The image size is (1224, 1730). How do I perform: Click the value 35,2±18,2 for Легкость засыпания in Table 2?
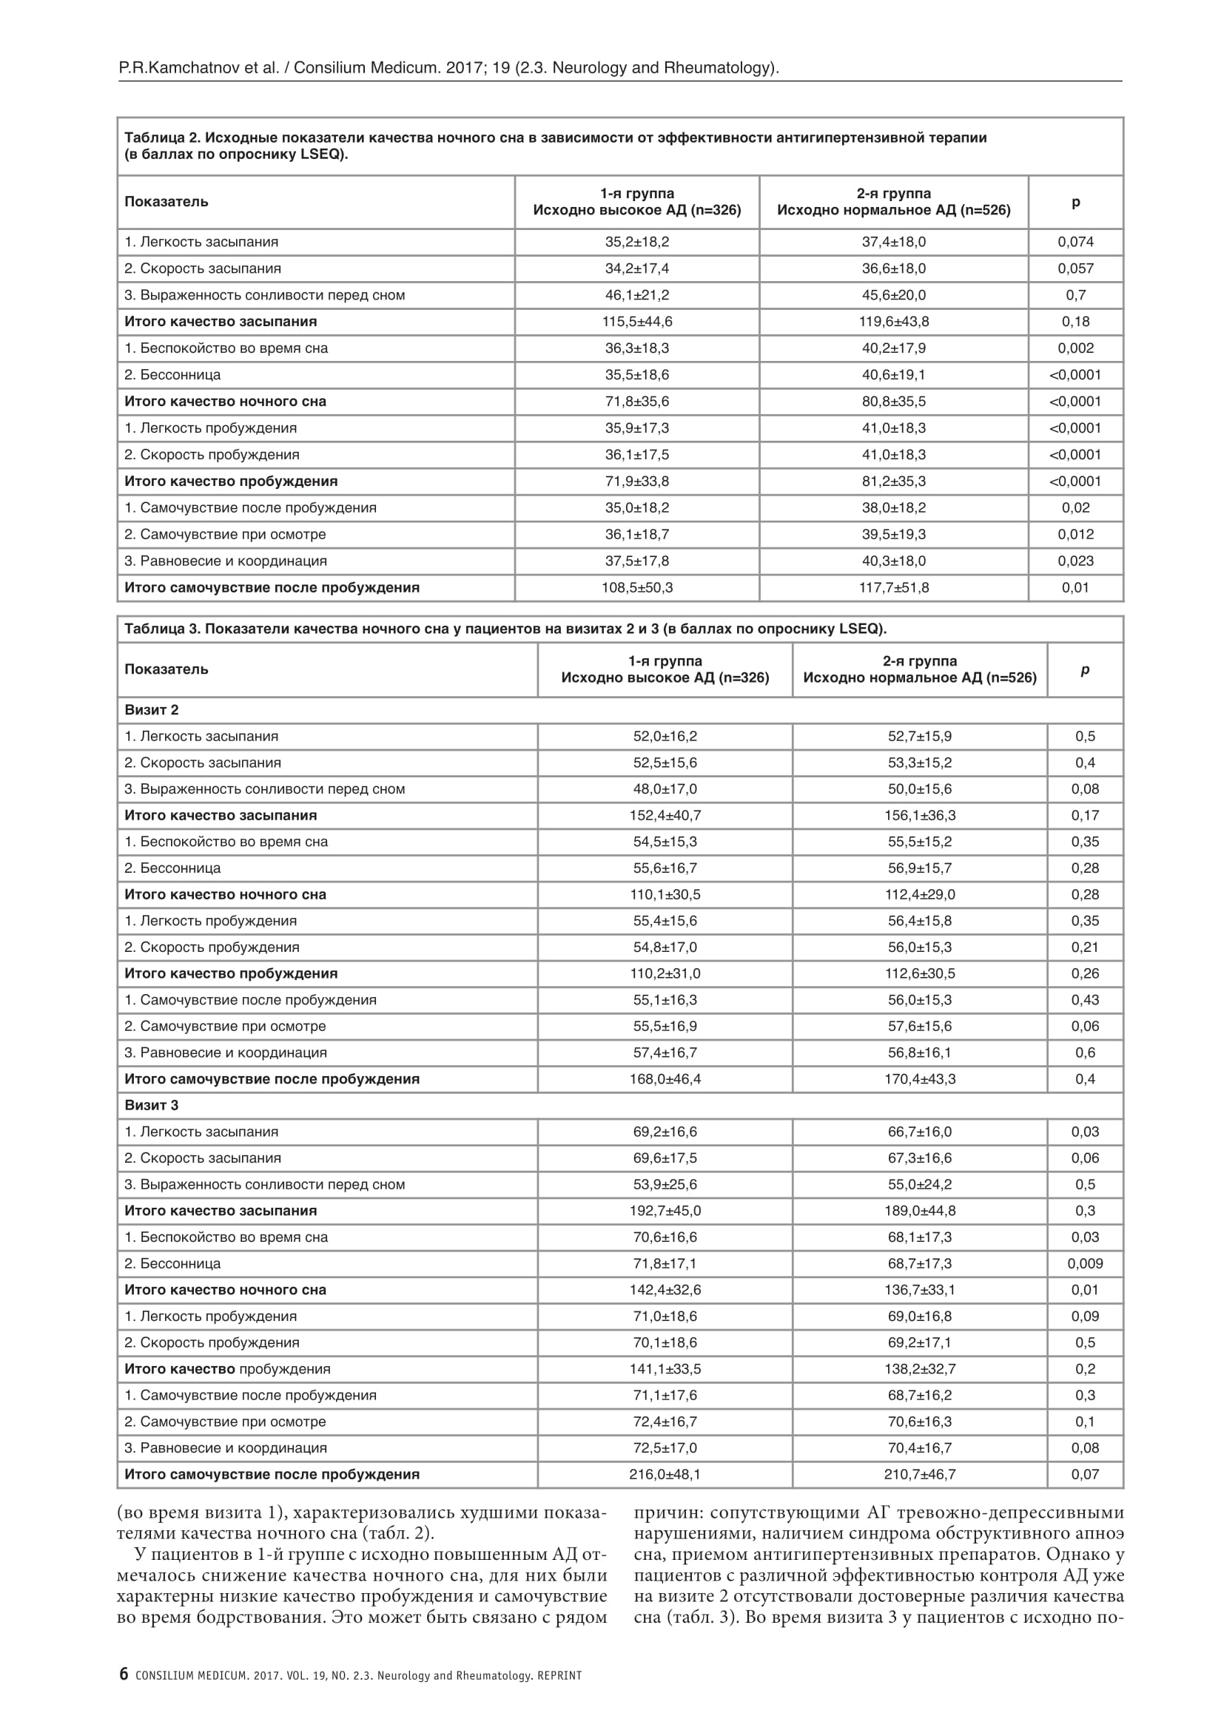(637, 242)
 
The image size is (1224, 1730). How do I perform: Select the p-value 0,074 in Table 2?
(1075, 242)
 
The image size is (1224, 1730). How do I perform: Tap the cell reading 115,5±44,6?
(637, 322)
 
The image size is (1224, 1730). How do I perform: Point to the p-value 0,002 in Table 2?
(1075, 348)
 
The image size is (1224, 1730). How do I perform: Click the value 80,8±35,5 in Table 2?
(894, 402)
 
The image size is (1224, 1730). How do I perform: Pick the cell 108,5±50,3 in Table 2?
(637, 588)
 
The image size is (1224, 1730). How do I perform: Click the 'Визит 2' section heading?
(152, 710)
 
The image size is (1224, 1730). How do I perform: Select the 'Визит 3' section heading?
(152, 1105)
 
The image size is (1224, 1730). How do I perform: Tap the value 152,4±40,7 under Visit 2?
(665, 815)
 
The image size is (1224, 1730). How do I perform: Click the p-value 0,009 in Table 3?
(1085, 1263)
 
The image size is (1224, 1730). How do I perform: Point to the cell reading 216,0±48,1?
(665, 1475)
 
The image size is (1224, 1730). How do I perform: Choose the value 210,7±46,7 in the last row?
(920, 1475)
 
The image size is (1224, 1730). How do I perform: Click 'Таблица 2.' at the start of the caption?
(161, 138)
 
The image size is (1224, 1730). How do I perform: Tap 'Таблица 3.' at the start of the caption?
(161, 629)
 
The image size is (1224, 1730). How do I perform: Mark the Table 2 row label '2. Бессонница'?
(172, 375)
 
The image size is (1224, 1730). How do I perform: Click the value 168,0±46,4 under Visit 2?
(665, 1079)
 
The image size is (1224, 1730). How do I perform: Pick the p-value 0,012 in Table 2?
(1075, 534)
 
